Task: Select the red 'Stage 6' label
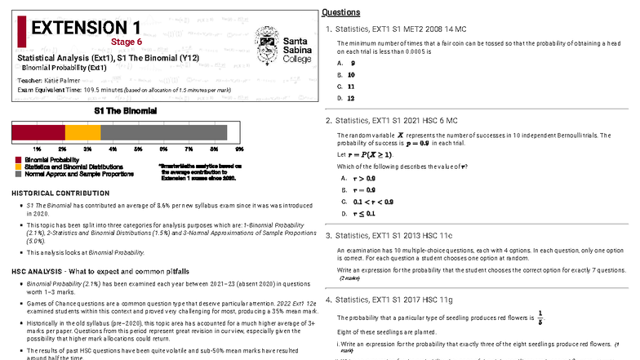(127, 42)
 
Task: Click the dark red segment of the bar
(38, 132)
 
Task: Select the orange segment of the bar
(82, 132)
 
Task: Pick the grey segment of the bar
(163, 132)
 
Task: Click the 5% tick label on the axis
(138, 149)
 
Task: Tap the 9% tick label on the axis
(239, 149)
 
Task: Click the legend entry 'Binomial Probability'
(46, 159)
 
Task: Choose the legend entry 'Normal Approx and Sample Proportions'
(78, 174)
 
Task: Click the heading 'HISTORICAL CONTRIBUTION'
(60, 193)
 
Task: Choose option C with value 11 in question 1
(349, 86)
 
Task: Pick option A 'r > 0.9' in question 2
(358, 178)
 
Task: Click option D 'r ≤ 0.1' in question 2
(358, 213)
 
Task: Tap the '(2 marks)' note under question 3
(353, 278)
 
